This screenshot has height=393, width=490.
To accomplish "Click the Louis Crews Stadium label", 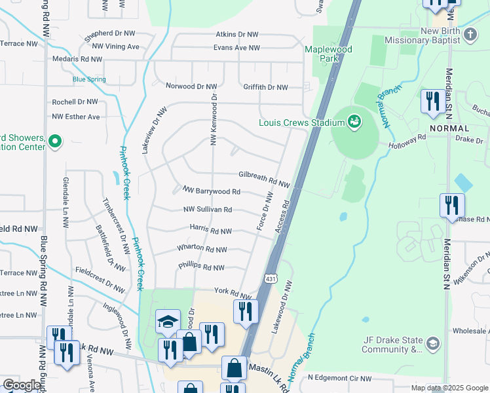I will click(x=301, y=122).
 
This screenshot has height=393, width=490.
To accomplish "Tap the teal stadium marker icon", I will click(x=354, y=121).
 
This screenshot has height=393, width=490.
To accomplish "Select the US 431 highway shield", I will click(x=271, y=279).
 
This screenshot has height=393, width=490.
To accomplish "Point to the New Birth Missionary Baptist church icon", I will click(x=470, y=33).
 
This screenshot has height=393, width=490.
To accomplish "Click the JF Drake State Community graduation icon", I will click(x=432, y=343).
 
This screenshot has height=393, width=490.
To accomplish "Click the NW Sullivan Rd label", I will click(x=208, y=210).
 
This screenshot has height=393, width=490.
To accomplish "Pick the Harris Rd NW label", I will click(x=210, y=231).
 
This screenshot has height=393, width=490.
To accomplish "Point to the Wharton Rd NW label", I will click(x=202, y=249).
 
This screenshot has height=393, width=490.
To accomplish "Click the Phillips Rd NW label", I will click(x=201, y=267).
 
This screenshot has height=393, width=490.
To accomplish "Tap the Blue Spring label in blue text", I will click(x=89, y=80).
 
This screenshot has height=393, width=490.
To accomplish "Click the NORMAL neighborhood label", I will click(x=449, y=128).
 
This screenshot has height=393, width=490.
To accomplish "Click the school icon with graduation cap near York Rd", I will click(x=168, y=322).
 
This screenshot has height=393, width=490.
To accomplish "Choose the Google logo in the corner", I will click(x=21, y=385).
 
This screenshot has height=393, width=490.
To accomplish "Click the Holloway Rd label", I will click(x=407, y=138).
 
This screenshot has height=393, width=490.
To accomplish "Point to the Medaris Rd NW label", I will click(x=77, y=59).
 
